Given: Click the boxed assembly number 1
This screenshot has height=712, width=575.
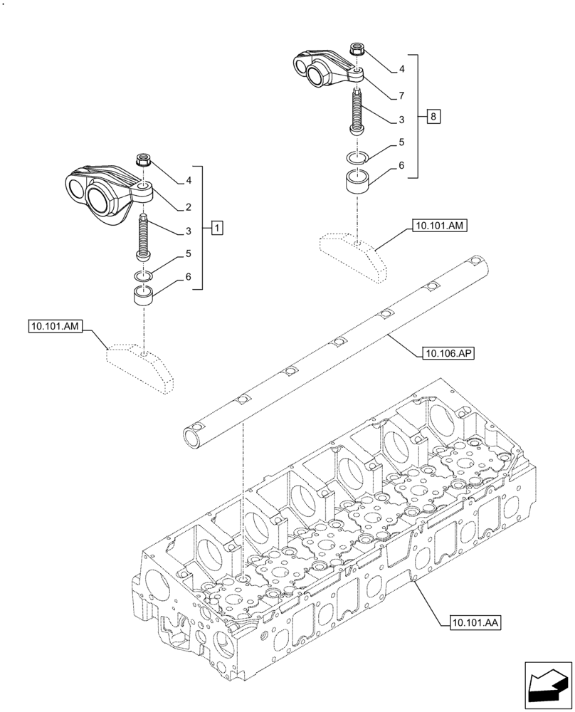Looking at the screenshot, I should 217,228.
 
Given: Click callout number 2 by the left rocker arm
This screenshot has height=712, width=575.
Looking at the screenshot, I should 188,207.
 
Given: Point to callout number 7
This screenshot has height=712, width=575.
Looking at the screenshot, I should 401,95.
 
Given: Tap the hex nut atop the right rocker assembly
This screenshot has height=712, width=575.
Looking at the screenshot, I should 357,50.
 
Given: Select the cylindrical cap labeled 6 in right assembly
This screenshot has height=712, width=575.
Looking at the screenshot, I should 358,182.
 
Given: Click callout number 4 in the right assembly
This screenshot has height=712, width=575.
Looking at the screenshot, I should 401,69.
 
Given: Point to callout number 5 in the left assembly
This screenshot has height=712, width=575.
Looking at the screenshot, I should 188,253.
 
